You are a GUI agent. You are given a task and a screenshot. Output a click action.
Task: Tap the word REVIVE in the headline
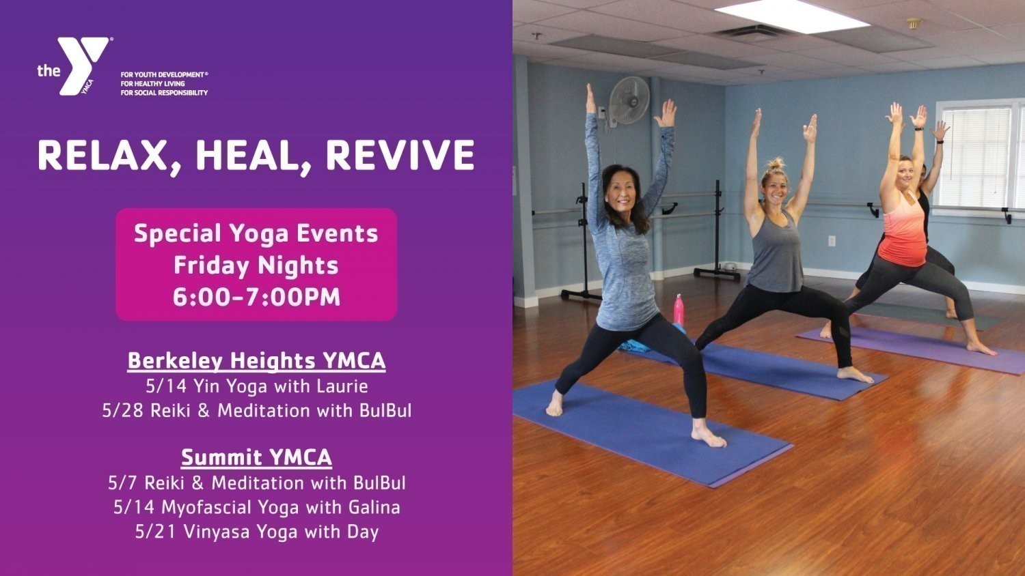[400, 155]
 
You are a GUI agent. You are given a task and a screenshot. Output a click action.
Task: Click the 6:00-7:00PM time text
[256, 296]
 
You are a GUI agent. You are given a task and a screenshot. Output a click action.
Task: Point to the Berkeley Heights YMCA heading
[256, 361]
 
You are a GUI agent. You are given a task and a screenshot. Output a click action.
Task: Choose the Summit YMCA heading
[256, 457]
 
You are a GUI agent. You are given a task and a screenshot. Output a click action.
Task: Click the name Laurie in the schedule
[343, 386]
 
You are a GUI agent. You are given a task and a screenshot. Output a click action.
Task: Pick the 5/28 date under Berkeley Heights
[122, 411]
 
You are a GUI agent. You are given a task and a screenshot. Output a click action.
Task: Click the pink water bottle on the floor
[679, 310]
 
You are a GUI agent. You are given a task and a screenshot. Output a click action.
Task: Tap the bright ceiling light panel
[791, 16]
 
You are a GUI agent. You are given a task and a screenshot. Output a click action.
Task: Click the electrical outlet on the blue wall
[832, 240]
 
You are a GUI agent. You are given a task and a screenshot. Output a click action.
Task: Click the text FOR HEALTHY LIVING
[153, 84]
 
